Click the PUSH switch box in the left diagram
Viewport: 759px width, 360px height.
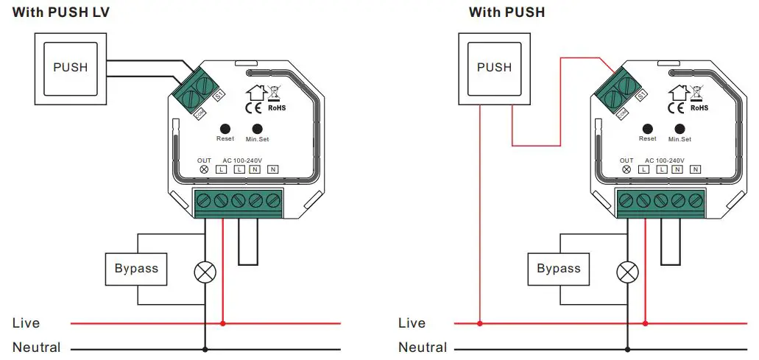click(70, 67)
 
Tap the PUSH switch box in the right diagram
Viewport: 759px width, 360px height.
click(494, 67)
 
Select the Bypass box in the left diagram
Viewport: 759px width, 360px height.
click(136, 269)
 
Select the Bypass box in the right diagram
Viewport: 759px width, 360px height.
click(559, 269)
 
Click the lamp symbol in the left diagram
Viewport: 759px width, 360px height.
click(205, 272)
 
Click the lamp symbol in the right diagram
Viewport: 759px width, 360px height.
click(627, 272)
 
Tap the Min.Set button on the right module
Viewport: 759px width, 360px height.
click(679, 127)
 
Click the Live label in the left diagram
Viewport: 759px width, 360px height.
click(27, 323)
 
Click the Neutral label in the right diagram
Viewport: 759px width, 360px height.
click(423, 347)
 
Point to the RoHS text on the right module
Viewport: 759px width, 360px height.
click(699, 108)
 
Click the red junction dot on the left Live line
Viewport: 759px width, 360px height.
click(223, 322)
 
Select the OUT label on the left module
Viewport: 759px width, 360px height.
click(204, 160)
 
